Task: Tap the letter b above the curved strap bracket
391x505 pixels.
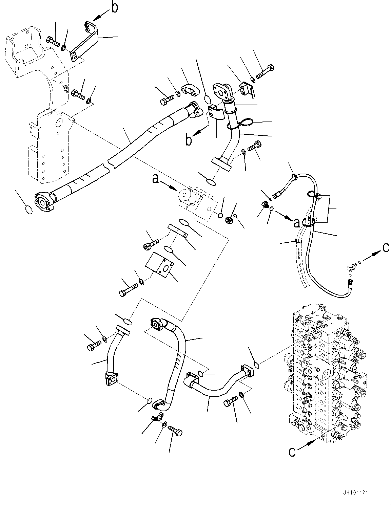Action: click(x=115, y=7)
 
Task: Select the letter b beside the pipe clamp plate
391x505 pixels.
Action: click(x=189, y=140)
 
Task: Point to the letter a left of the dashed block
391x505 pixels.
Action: click(x=155, y=179)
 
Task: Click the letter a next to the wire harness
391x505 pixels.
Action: click(x=296, y=223)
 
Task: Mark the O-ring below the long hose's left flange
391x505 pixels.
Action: click(x=30, y=210)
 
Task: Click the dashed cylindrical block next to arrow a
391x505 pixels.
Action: click(x=190, y=196)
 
